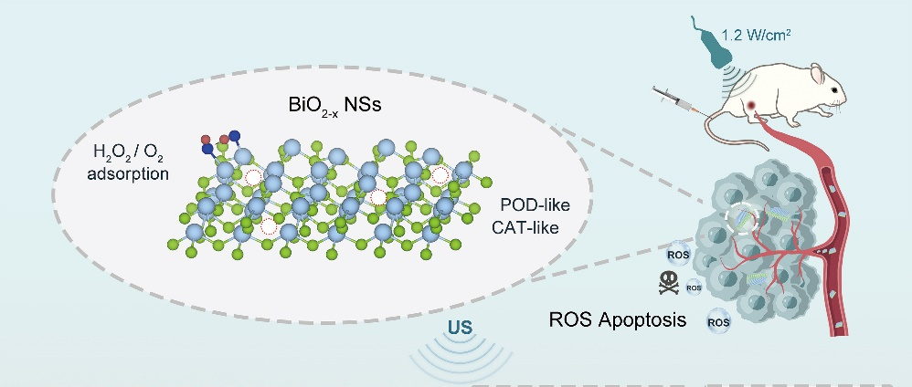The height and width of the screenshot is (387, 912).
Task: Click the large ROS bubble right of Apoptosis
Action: click(719, 321)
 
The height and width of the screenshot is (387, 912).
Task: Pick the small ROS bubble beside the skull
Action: click(694, 288)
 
